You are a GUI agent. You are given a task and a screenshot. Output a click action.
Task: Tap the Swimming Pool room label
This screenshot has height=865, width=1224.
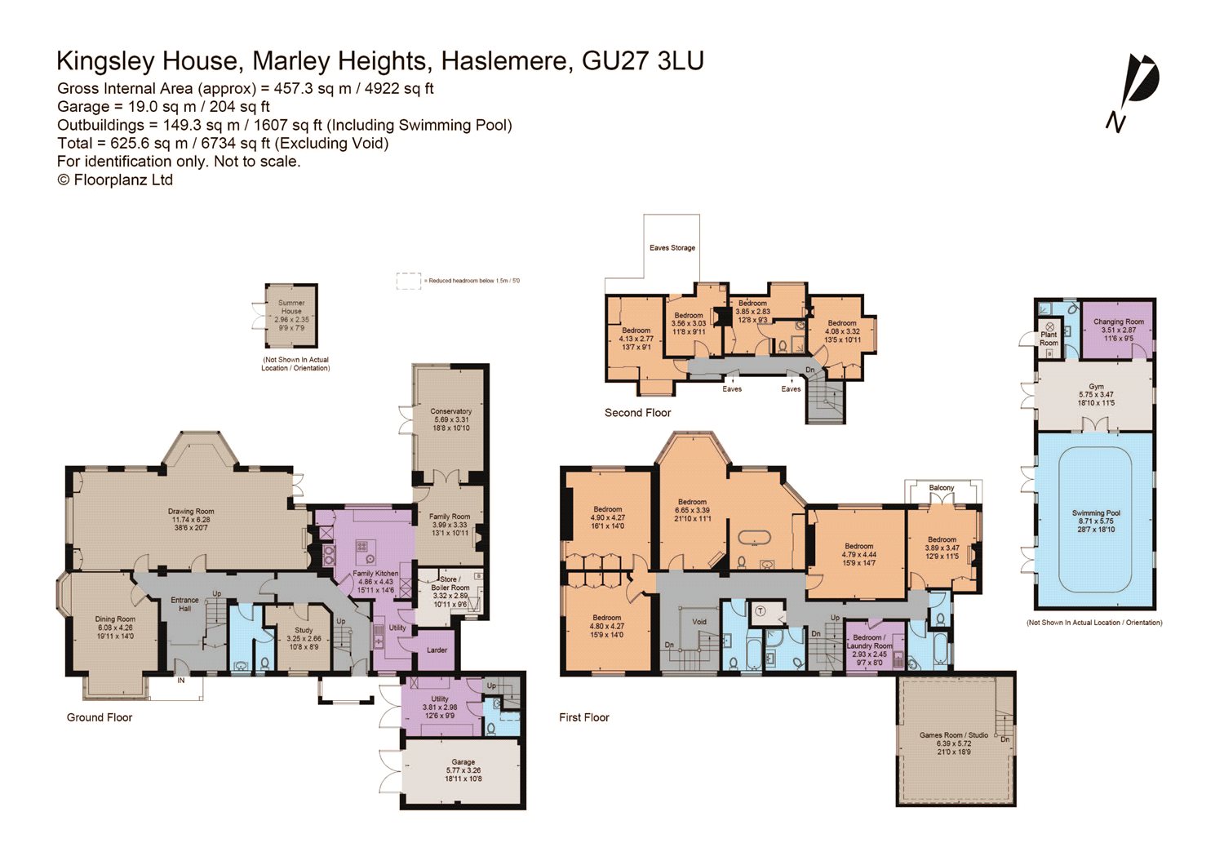click(x=1096, y=513)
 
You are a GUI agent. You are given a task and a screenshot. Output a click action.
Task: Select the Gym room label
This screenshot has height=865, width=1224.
click(x=1096, y=387)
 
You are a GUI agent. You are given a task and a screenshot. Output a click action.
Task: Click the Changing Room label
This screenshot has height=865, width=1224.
click(x=1118, y=322)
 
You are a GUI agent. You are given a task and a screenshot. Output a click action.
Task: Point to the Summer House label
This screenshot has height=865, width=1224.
click(x=291, y=307)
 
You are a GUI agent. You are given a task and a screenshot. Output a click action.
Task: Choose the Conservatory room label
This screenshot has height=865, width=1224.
click(x=450, y=411)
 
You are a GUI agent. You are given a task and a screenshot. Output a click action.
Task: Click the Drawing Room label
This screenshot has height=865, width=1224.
click(x=191, y=512)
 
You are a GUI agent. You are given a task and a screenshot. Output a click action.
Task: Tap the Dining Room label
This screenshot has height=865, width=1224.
click(x=115, y=619)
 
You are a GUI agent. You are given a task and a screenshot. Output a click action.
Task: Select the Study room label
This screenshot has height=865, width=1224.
click(x=304, y=630)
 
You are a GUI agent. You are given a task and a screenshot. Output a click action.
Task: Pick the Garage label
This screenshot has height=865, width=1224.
click(x=463, y=762)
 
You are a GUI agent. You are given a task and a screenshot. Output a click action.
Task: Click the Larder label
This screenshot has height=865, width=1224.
click(x=437, y=650)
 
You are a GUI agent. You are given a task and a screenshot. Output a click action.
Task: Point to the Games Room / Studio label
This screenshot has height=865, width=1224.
click(x=953, y=735)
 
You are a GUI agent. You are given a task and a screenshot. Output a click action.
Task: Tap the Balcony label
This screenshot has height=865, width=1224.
click(x=941, y=488)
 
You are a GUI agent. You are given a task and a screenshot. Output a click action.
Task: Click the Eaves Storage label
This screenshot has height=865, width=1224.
click(x=672, y=248)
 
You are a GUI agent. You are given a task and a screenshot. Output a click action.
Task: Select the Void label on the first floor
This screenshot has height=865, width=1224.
click(x=699, y=622)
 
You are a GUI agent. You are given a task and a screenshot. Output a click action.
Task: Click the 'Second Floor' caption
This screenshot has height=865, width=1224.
click(x=637, y=413)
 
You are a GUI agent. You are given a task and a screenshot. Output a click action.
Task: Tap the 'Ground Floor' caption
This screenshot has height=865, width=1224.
click(x=100, y=717)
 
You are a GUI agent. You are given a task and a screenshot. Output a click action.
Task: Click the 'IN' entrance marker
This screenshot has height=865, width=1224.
click(x=181, y=680)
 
